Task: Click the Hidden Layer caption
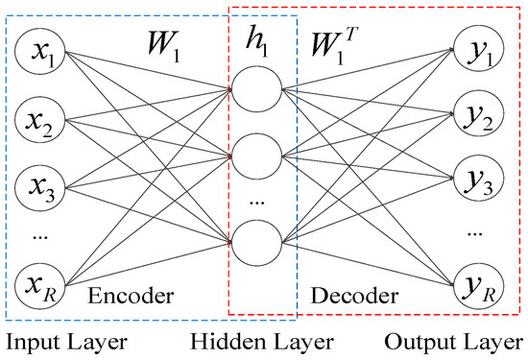(x=260, y=342)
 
